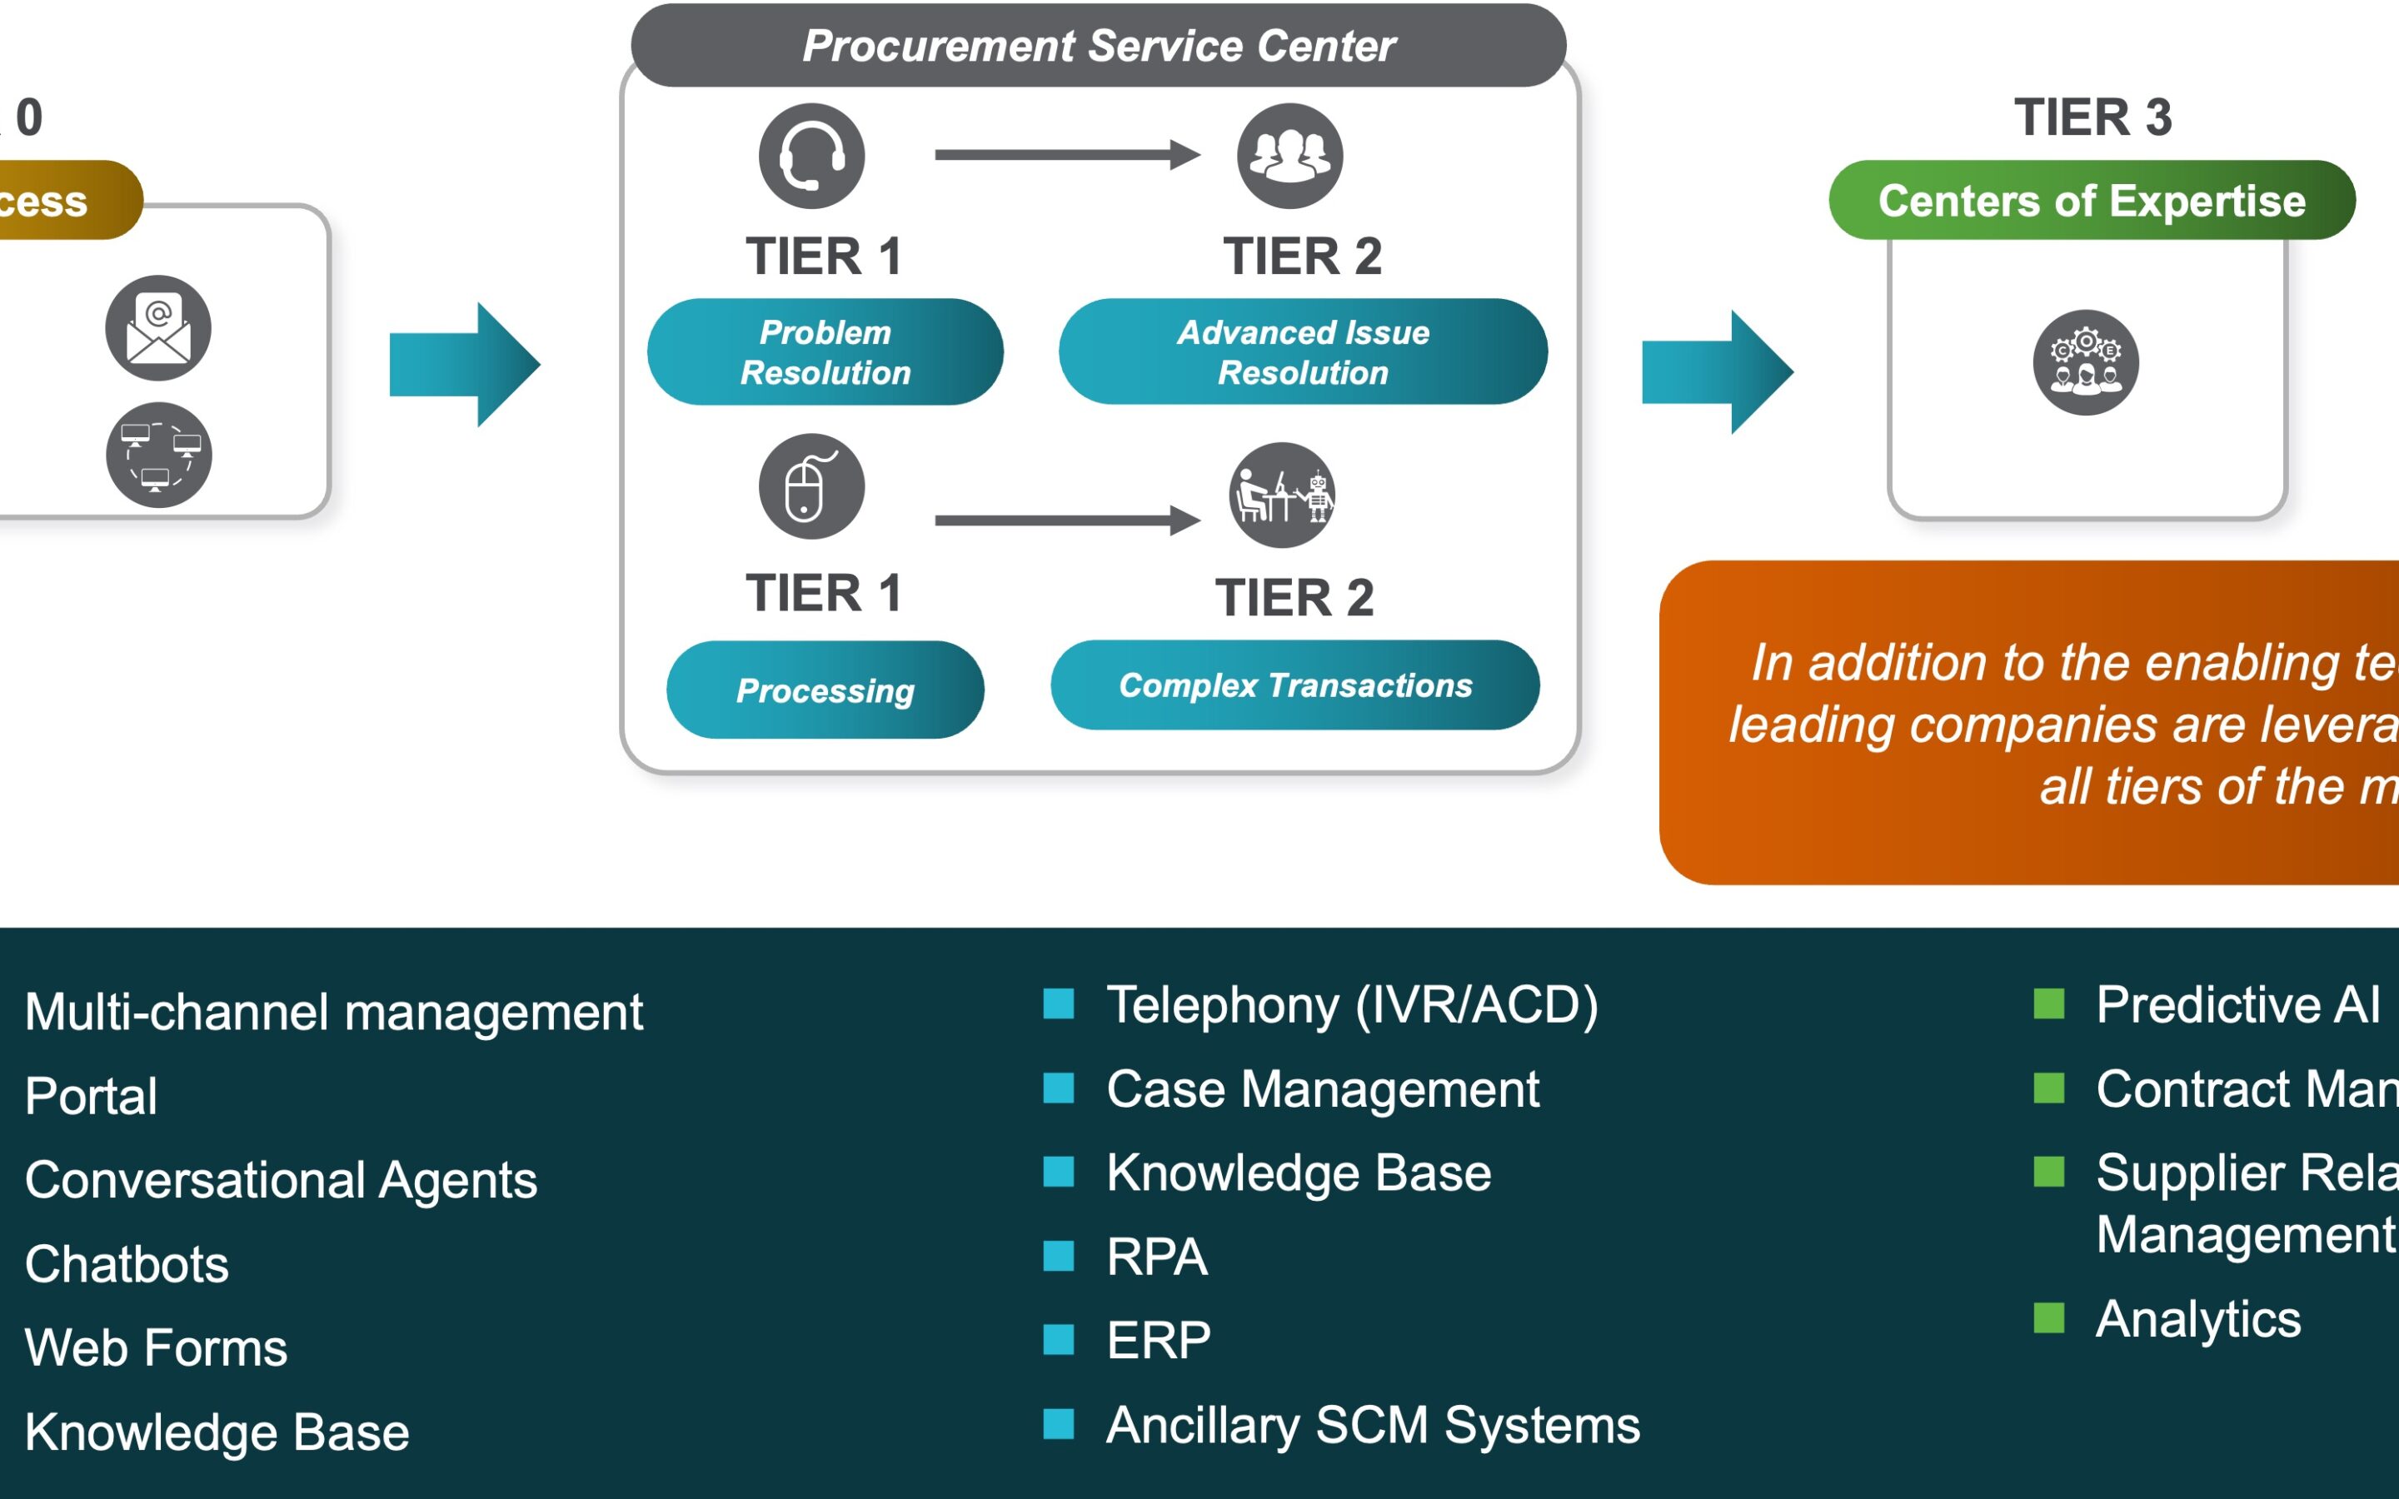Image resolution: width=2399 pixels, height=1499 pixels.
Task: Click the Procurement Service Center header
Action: click(1099, 46)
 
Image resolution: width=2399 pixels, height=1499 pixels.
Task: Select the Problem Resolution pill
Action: click(825, 352)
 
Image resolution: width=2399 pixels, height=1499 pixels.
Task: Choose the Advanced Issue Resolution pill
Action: click(1303, 352)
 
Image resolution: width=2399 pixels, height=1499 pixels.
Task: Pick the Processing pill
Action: click(825, 690)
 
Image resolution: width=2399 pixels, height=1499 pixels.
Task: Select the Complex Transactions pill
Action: click(1294, 685)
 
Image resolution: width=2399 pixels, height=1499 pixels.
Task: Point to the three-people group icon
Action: click(1289, 156)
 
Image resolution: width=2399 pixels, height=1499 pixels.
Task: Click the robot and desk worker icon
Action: click(1282, 495)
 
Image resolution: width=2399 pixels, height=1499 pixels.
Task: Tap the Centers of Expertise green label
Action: click(2092, 200)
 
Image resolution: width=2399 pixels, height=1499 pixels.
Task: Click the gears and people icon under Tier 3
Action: click(2086, 363)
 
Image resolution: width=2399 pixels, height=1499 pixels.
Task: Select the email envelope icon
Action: click(158, 328)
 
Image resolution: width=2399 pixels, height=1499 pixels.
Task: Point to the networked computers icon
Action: click(158, 455)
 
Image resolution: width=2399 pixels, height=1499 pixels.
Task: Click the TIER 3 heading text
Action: click(2092, 117)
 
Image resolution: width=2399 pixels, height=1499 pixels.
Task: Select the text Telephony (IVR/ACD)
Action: click(1352, 1005)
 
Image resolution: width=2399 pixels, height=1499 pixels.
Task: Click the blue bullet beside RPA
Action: click(1059, 1256)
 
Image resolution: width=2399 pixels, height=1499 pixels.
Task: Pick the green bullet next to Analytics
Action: click(2048, 1318)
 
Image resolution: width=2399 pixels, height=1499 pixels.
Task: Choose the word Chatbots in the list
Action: click(127, 1264)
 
